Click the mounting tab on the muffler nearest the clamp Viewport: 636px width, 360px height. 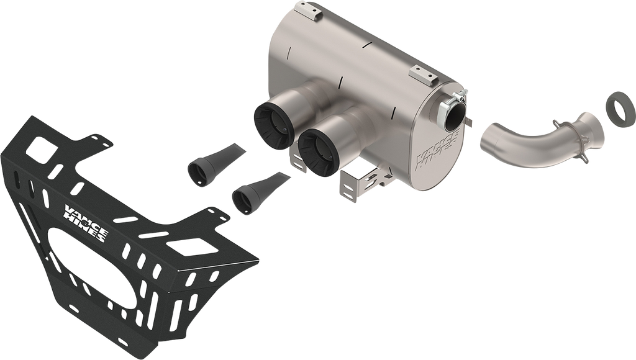(427, 78)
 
